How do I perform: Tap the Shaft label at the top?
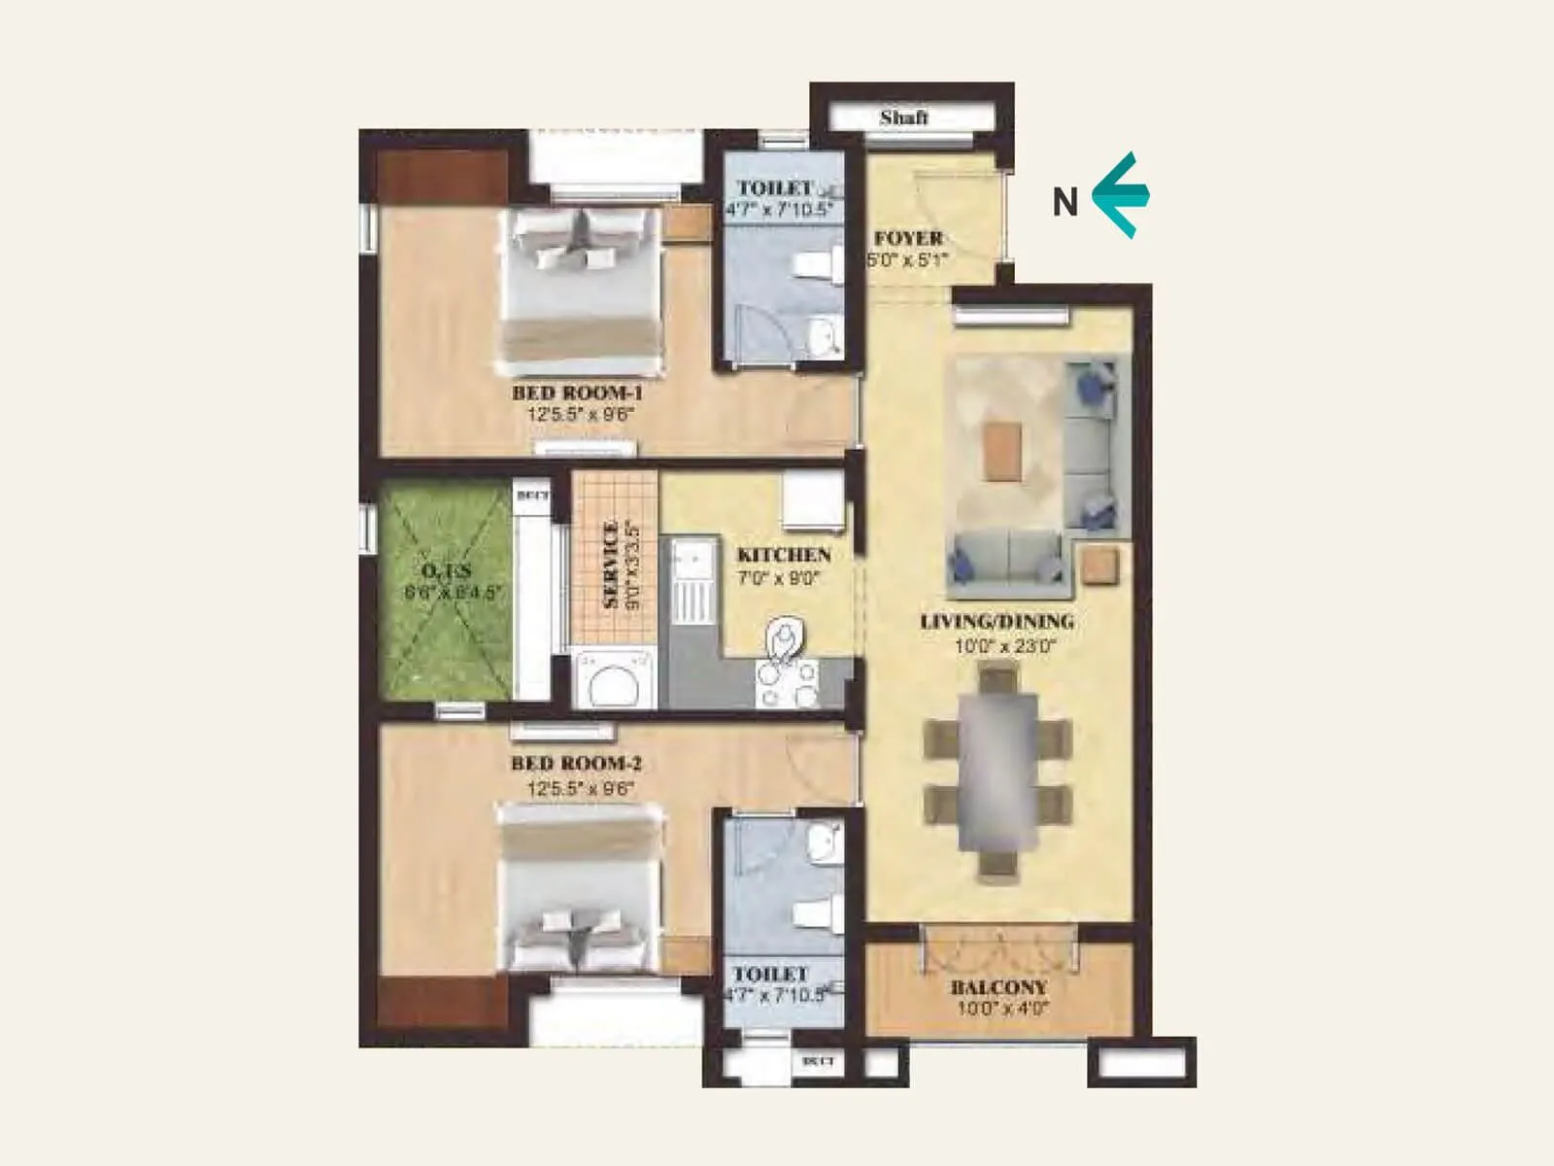click(x=903, y=118)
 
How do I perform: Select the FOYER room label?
click(x=908, y=238)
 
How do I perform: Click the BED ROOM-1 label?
click(x=577, y=393)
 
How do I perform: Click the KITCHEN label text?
click(x=784, y=555)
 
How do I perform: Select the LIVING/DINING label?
click(x=997, y=621)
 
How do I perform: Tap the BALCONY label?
click(x=998, y=987)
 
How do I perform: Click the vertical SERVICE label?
click(x=611, y=566)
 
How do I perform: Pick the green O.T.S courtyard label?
click(x=446, y=570)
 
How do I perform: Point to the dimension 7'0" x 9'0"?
click(x=779, y=579)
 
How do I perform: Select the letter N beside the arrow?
click(x=1065, y=202)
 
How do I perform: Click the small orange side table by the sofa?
click(x=1100, y=566)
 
